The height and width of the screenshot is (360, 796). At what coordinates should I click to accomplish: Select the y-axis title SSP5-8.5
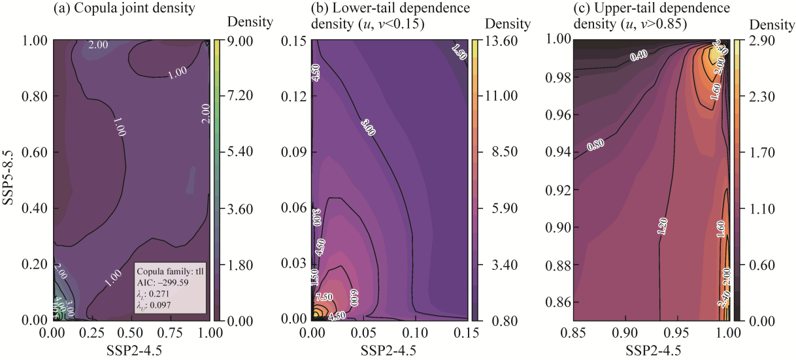[10, 180]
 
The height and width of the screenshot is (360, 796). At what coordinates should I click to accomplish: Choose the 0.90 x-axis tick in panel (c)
[625, 334]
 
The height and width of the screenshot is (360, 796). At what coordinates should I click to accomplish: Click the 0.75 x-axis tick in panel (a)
[169, 334]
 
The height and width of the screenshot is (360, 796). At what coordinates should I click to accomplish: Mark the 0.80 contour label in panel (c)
[595, 145]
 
